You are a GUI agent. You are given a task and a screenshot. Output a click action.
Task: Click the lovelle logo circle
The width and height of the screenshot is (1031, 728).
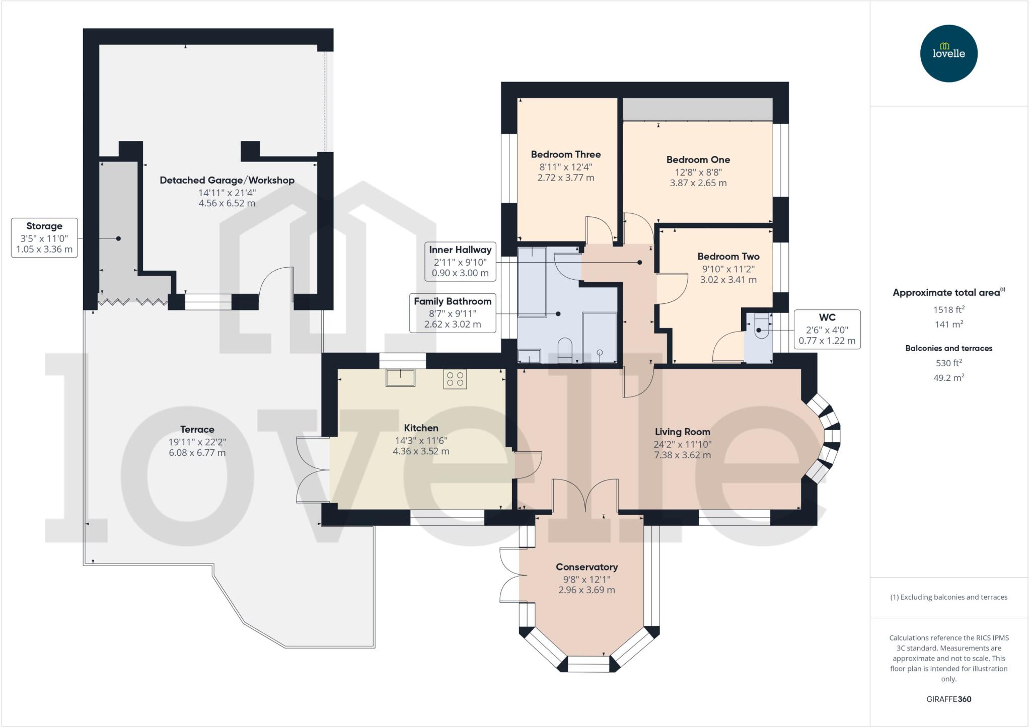(x=948, y=53)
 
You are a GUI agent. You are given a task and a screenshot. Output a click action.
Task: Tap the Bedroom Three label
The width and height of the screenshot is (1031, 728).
(x=566, y=154)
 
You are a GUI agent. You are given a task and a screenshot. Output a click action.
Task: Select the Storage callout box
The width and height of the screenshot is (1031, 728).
(x=44, y=237)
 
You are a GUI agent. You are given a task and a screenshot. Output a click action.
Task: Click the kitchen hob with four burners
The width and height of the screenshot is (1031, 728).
(x=455, y=379)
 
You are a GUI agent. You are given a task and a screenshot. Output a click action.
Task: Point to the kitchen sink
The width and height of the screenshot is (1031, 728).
(x=400, y=377)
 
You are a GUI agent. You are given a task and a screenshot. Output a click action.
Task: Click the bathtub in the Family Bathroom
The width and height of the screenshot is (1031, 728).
(x=532, y=282)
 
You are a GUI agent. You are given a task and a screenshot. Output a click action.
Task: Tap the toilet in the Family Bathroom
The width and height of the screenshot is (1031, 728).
(x=565, y=350)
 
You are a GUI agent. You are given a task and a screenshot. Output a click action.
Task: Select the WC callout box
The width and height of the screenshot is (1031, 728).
(x=827, y=329)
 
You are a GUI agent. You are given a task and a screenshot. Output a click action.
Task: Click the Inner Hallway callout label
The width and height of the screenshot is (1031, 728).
(x=460, y=250)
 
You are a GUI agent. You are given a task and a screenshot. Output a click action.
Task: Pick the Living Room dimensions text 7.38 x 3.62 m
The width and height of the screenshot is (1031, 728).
(x=682, y=455)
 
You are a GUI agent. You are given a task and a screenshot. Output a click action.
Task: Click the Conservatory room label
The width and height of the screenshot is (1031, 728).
(x=586, y=567)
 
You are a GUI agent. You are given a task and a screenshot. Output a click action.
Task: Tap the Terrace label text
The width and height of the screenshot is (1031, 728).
(x=197, y=429)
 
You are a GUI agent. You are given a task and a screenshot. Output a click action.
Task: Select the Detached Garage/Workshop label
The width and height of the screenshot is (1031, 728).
(x=227, y=180)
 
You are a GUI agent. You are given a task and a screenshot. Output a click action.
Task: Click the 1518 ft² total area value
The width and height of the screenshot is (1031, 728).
(x=948, y=309)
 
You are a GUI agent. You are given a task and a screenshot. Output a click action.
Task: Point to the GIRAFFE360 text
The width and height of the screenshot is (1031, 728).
(x=948, y=699)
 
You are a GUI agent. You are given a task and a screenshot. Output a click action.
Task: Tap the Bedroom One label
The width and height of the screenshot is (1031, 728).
(x=698, y=159)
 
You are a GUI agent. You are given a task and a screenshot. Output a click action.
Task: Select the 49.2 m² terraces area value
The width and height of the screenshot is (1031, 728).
(x=948, y=377)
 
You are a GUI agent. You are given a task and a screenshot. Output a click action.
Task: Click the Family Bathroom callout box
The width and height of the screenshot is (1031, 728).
(x=453, y=313)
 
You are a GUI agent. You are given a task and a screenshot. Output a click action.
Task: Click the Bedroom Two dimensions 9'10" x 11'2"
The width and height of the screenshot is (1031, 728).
(x=728, y=269)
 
